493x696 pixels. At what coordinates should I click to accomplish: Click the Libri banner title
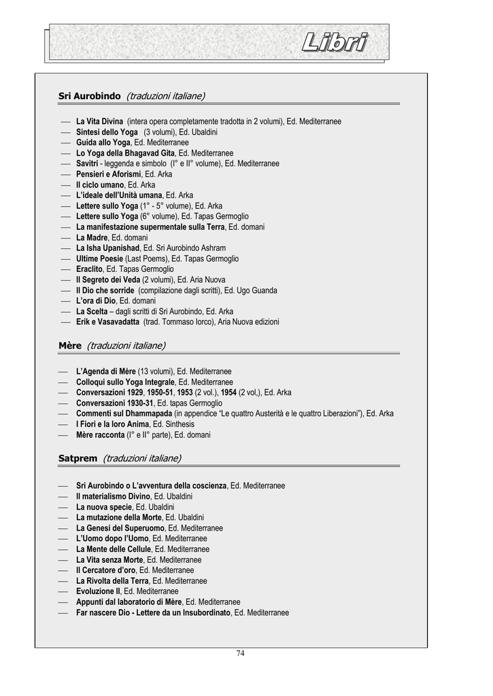click(334, 43)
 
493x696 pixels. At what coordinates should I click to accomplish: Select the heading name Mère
click(70, 346)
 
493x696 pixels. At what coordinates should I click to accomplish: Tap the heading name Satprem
click(78, 459)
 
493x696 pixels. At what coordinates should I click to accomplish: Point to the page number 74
click(240, 654)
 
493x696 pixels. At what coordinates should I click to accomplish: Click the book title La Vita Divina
click(99, 122)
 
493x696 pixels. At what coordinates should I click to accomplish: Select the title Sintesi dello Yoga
click(107, 132)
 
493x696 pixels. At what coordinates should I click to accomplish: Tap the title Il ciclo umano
click(100, 185)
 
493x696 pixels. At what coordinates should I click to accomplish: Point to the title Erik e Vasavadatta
click(107, 322)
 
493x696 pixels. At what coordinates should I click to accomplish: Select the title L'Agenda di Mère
click(106, 372)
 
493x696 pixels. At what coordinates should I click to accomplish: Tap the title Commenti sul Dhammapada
click(123, 414)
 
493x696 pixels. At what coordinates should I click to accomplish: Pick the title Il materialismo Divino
click(113, 497)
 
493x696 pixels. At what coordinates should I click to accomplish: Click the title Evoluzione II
click(98, 591)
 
